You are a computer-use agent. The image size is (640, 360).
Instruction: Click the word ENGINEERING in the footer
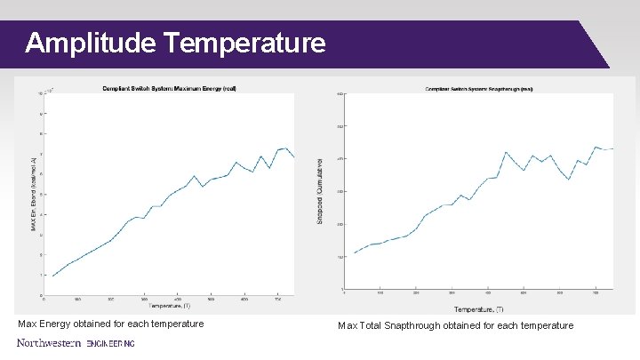click(110, 343)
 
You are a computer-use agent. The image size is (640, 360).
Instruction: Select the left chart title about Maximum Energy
click(168, 88)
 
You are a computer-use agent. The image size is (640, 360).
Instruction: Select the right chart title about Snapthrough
click(479, 89)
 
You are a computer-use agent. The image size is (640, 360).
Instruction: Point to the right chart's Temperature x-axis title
click(479, 309)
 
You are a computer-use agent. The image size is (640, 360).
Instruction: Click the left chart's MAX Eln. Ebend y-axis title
click(34, 195)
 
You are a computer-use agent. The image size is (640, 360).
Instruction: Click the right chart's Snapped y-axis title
click(320, 190)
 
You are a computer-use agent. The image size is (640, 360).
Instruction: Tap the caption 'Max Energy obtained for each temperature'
click(111, 324)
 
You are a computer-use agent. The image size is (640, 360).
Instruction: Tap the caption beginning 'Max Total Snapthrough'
click(455, 325)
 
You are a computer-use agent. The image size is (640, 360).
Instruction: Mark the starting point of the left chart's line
click(52, 276)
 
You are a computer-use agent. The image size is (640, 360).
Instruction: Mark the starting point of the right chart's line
click(354, 253)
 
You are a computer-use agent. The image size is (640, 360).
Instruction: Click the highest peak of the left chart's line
click(285, 148)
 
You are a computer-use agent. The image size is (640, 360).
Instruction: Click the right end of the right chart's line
click(613, 148)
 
